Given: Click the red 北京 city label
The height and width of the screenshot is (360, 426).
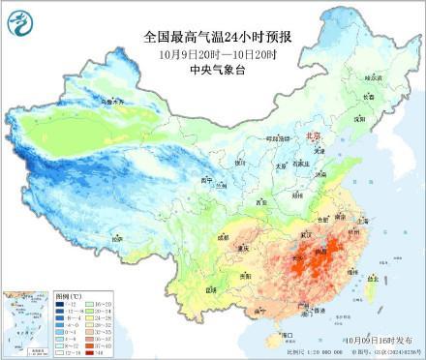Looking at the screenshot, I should tap(312, 137).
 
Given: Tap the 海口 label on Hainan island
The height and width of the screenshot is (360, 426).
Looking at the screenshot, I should tap(285, 334).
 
